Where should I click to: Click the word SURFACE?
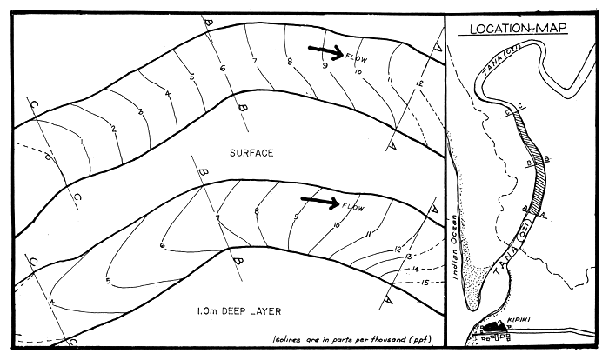tap(251, 153)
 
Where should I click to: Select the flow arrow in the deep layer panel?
tap(326, 202)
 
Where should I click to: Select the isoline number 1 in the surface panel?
tap(80, 138)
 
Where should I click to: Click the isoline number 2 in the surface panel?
tap(113, 130)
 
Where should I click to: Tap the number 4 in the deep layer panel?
tap(52, 303)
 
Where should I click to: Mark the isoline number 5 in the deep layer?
tap(108, 281)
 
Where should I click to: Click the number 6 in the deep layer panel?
tap(162, 246)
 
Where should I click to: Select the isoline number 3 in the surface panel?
tap(139, 112)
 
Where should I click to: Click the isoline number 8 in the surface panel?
tap(289, 61)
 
